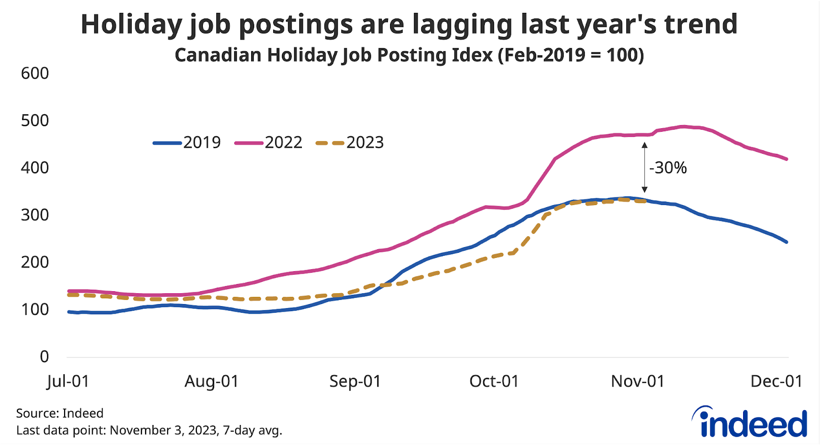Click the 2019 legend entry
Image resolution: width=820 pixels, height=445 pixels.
pyautogui.click(x=187, y=143)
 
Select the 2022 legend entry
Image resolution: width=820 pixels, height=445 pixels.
pyautogui.click(x=269, y=143)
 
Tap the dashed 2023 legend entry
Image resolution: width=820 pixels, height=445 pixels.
pyautogui.click(x=350, y=143)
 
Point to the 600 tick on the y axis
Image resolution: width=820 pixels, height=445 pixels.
pyautogui.click(x=35, y=73)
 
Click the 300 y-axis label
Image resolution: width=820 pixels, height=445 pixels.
pyautogui.click(x=35, y=215)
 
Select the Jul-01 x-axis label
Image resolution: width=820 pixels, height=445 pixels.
pyautogui.click(x=68, y=381)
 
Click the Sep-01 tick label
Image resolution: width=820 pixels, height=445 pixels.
pyautogui.click(x=355, y=381)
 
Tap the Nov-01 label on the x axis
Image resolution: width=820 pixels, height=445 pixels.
pyautogui.click(x=638, y=381)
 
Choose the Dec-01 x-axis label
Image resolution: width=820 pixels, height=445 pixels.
pyautogui.click(x=776, y=381)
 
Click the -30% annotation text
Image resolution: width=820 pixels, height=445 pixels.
pyautogui.click(x=668, y=168)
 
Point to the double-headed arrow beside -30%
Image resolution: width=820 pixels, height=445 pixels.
pyautogui.click(x=645, y=168)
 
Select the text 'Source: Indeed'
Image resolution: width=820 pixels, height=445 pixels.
pyautogui.click(x=59, y=413)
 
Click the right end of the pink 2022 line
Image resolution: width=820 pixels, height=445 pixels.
pyautogui.click(x=787, y=159)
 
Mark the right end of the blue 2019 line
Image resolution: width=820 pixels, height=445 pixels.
pyautogui.click(x=787, y=242)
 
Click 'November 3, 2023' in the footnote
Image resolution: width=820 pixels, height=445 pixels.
pyautogui.click(x=164, y=430)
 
